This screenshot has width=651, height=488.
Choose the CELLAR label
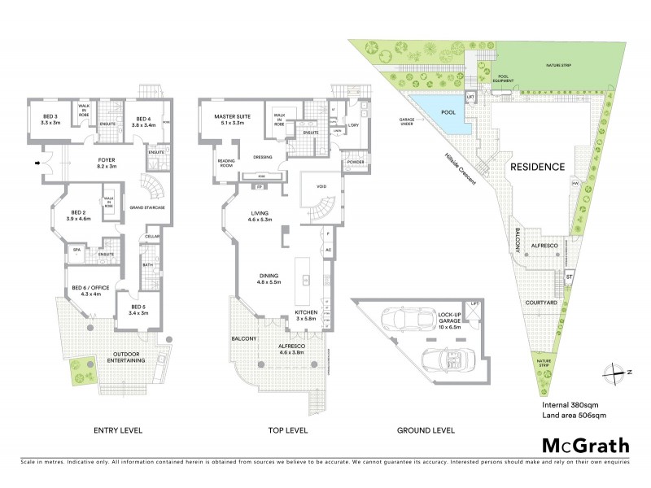click(x=151, y=237)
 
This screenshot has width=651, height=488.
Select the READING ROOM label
click(x=226, y=163)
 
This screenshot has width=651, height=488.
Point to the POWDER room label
click(x=355, y=162)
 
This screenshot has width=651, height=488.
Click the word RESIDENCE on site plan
click(x=537, y=167)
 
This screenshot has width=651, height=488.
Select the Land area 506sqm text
click(x=574, y=415)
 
